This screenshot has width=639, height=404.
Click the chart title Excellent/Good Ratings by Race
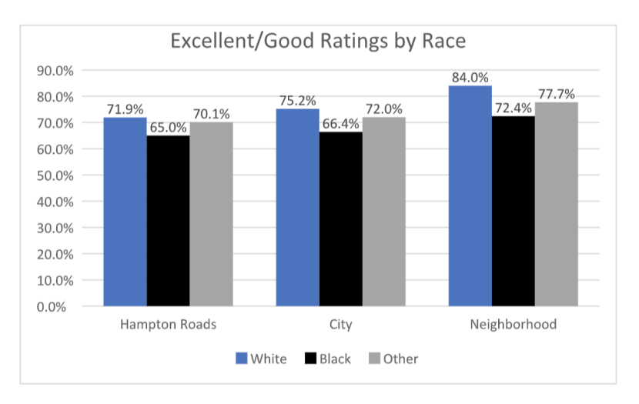pos(318,40)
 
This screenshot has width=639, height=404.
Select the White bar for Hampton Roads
pos(125,212)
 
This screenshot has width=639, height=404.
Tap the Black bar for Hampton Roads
pos(168,221)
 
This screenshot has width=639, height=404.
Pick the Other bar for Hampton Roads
pos(211,214)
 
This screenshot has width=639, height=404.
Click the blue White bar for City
pos(297,208)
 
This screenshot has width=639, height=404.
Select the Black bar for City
pos(340,219)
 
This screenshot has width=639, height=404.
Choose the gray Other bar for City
pos(383,212)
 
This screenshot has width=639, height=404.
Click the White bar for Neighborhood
pos(470,196)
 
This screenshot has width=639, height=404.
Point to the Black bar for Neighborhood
pos(513,212)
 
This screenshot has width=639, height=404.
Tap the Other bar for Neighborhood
pos(556,204)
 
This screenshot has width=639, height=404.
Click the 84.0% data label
pos(470,77)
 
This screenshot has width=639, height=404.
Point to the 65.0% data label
pos(168,127)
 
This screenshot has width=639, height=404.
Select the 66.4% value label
pos(340,123)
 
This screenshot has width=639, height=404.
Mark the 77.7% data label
pos(557,94)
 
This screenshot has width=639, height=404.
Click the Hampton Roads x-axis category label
pos(168,325)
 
